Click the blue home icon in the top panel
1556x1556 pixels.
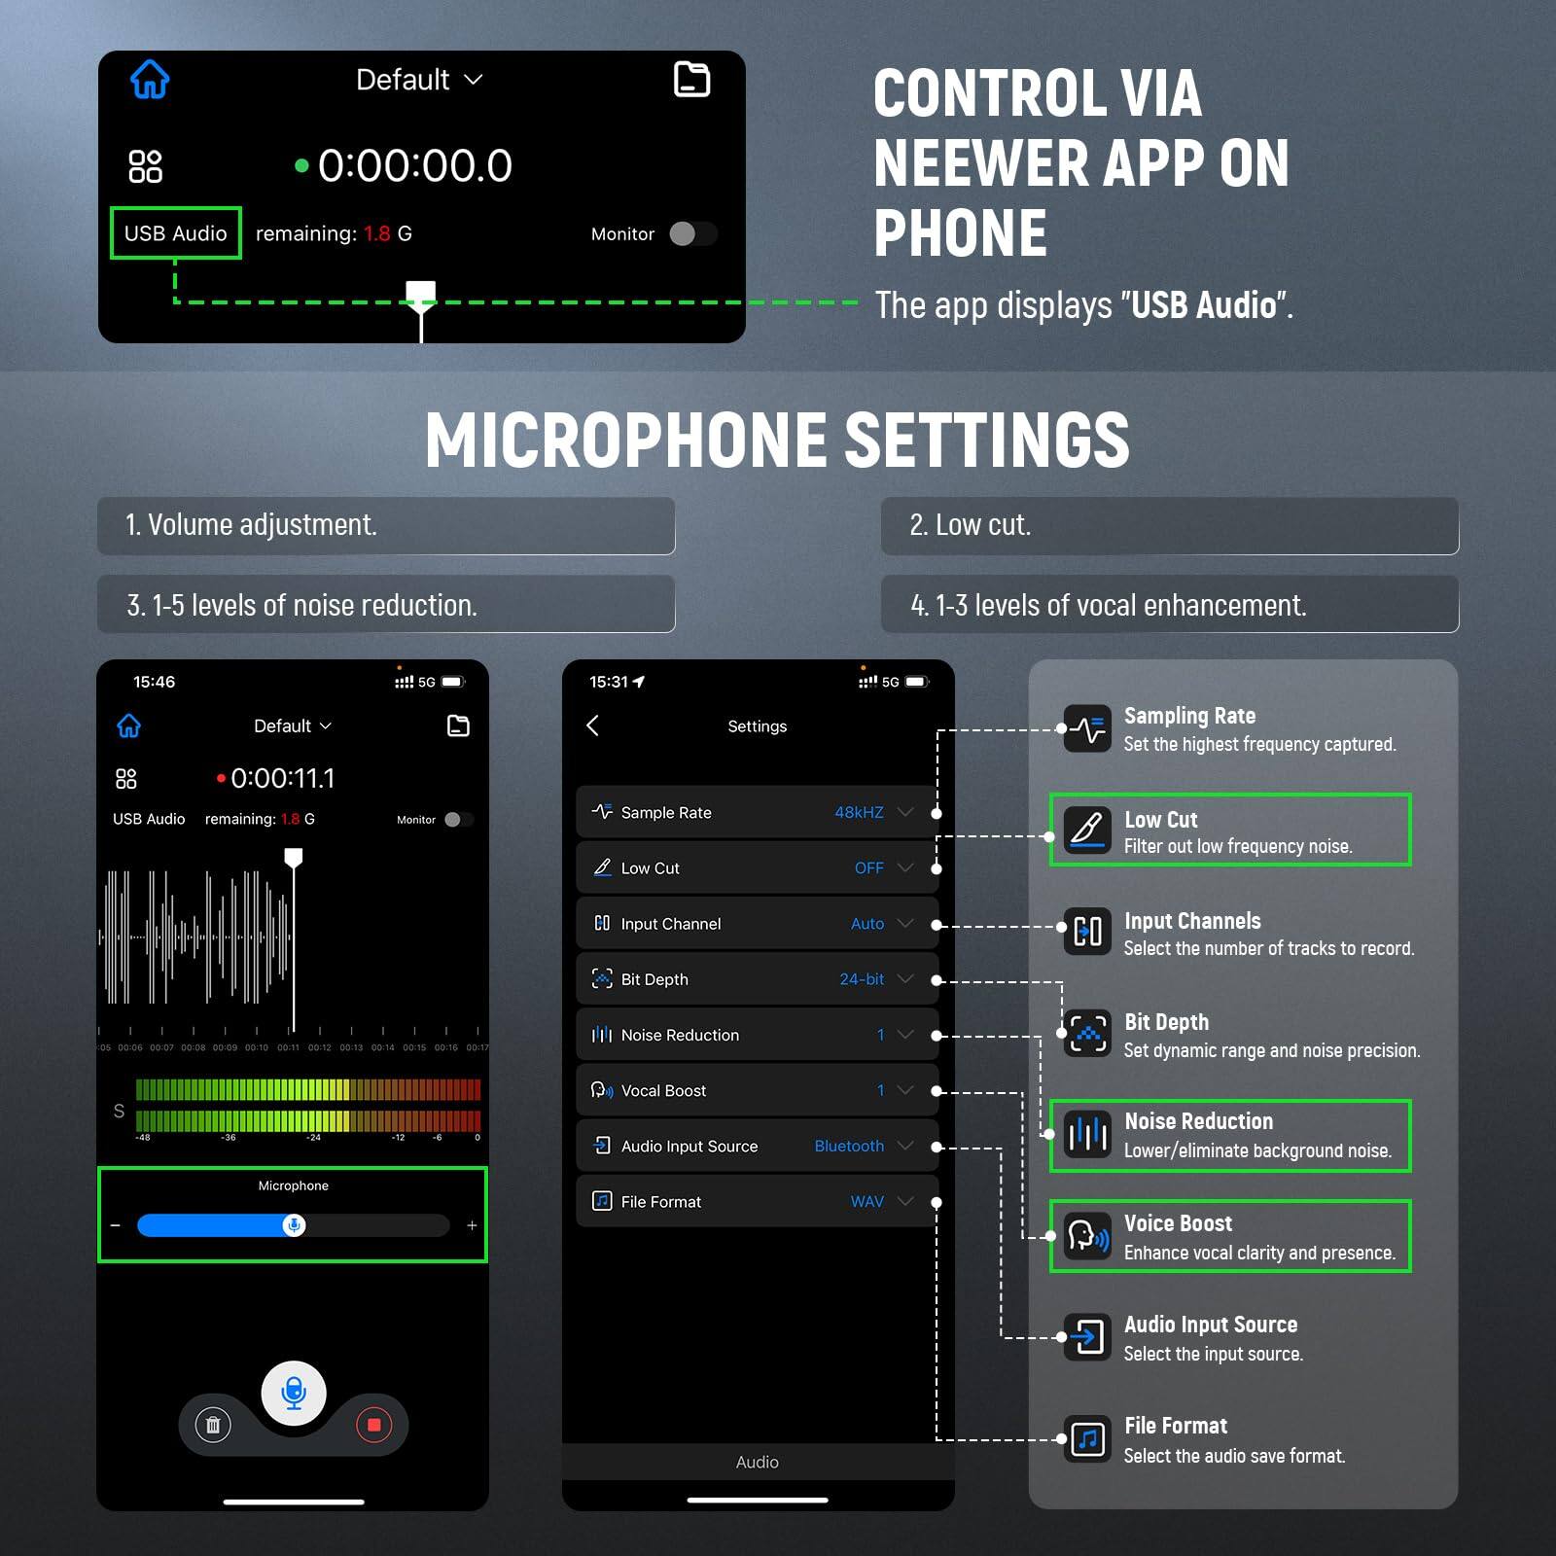click(150, 80)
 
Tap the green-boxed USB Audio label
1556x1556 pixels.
click(176, 233)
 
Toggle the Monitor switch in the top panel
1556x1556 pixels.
click(692, 233)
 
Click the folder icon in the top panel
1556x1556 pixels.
click(691, 80)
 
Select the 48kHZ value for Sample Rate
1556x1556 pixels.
click(859, 812)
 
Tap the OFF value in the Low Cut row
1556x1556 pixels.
click(868, 867)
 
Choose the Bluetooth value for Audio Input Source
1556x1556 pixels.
click(849, 1146)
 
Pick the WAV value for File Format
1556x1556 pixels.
click(866, 1201)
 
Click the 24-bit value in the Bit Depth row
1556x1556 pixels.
click(862, 979)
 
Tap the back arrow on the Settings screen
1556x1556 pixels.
click(593, 725)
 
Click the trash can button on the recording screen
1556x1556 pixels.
click(213, 1426)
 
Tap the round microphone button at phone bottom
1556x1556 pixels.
click(294, 1393)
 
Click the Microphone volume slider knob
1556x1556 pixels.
click(294, 1225)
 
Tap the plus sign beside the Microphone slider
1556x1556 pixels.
click(472, 1225)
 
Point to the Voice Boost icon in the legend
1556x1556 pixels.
click(1087, 1236)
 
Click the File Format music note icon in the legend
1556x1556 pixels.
click(1087, 1439)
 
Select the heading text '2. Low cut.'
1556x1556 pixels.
click(970, 525)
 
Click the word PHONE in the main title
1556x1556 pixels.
click(960, 233)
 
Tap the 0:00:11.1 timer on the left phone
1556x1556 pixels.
click(282, 778)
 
